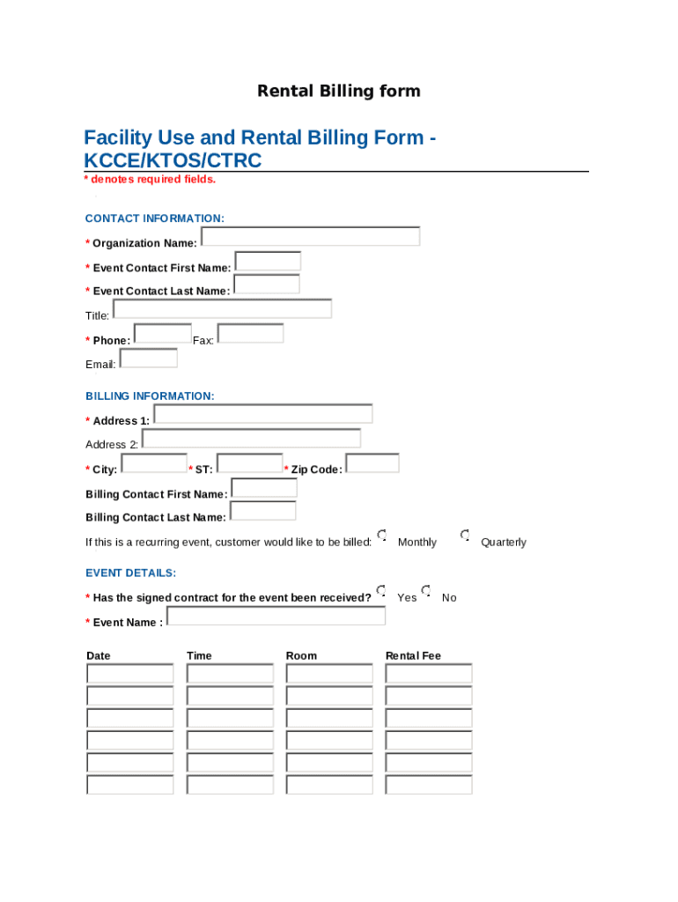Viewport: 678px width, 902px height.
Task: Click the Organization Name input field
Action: tap(310, 237)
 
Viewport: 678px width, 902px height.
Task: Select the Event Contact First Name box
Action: tap(268, 262)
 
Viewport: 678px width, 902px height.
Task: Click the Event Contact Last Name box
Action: tap(266, 285)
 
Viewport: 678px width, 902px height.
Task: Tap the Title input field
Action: tap(222, 309)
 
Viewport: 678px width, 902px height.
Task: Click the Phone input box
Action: tap(163, 334)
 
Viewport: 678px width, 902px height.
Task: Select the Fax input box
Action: tap(250, 334)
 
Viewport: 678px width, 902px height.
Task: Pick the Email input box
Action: tap(148, 359)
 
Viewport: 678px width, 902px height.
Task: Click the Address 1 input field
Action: tap(262, 414)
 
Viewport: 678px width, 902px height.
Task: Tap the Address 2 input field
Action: tap(251, 439)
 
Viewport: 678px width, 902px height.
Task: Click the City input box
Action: tap(153, 463)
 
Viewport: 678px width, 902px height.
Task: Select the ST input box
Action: tap(249, 463)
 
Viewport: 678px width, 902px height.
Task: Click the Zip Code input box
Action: tap(372, 463)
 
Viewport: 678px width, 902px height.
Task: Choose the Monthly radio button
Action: tap(382, 536)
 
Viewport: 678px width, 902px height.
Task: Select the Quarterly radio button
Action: tap(465, 536)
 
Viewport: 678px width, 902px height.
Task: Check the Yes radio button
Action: tap(381, 590)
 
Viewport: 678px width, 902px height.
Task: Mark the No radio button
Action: tap(426, 590)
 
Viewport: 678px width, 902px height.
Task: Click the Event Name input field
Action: tap(276, 616)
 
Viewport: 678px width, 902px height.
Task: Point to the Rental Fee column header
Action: tap(413, 655)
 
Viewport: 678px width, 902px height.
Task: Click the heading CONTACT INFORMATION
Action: tap(154, 218)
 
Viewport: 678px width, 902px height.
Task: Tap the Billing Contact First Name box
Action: tap(263, 488)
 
